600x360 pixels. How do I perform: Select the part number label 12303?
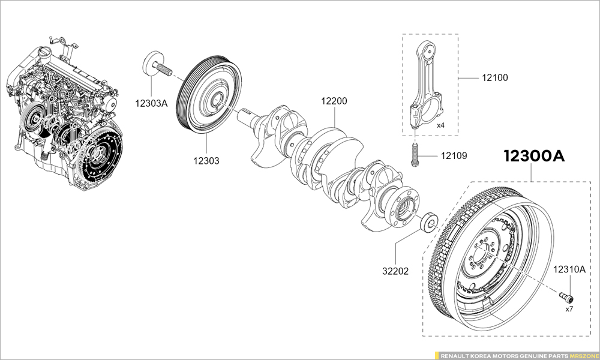point(206,161)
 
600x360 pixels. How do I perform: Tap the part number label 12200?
point(334,101)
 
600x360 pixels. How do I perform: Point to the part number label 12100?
point(494,77)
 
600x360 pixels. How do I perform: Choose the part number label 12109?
point(454,156)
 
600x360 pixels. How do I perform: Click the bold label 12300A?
point(534,157)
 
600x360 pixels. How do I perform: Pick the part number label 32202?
point(395,271)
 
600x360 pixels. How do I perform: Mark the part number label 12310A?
point(569,269)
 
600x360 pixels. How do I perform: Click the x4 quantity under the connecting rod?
point(440,125)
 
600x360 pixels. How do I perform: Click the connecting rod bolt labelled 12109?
point(415,155)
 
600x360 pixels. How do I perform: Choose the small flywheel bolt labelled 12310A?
point(567,296)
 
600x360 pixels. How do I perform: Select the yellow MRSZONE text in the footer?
point(582,355)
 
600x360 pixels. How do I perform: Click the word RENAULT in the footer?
point(454,355)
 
